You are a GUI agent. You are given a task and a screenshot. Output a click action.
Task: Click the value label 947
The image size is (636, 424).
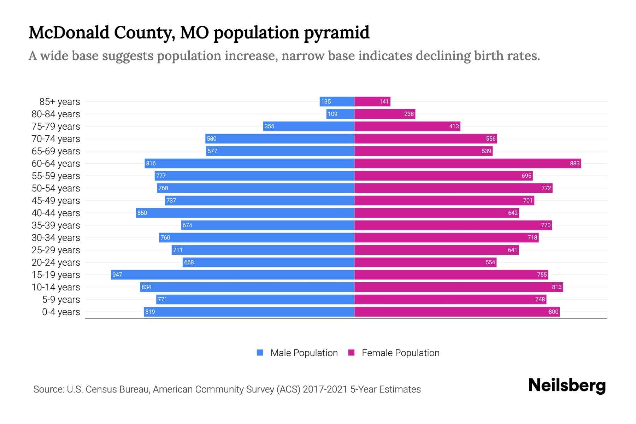pyautogui.click(x=117, y=275)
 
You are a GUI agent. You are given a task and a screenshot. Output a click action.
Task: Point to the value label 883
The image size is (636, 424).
pyautogui.click(x=575, y=163)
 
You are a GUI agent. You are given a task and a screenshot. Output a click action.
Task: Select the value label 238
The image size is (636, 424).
pyautogui.click(x=409, y=114)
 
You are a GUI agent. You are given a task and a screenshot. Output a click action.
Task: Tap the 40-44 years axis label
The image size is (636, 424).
pyautogui.click(x=56, y=213)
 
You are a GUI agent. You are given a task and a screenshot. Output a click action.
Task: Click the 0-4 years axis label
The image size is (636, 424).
pyautogui.click(x=61, y=312)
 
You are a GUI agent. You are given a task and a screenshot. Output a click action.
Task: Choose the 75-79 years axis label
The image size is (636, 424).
pyautogui.click(x=56, y=126)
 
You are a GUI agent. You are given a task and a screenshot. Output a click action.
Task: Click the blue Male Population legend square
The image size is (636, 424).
pyautogui.click(x=260, y=353)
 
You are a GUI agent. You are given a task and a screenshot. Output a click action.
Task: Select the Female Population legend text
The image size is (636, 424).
pyautogui.click(x=400, y=353)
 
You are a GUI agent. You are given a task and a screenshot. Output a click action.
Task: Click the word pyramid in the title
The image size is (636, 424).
pyautogui.click(x=337, y=33)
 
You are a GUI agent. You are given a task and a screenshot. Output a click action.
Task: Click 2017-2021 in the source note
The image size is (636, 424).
pyautogui.click(x=325, y=389)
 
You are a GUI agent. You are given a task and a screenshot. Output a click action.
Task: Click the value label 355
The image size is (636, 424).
pyautogui.click(x=269, y=126)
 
